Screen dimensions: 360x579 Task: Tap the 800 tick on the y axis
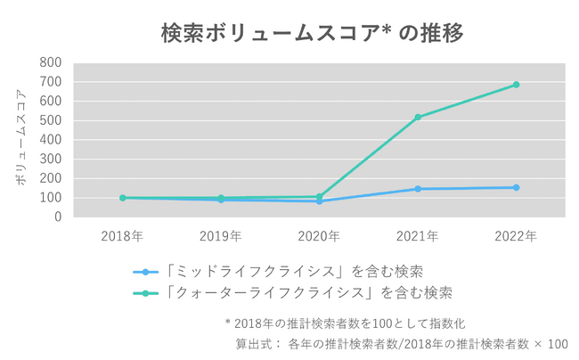click(51, 62)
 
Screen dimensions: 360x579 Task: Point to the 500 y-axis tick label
click(51, 120)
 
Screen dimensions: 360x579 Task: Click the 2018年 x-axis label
click(122, 236)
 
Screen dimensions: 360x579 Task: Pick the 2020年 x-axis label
click(319, 236)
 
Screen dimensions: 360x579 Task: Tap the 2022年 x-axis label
click(516, 236)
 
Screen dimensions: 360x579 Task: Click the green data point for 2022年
click(516, 85)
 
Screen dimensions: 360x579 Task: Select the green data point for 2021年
click(418, 117)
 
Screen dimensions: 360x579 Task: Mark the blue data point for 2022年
click(516, 187)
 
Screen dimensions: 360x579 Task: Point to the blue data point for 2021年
click(418, 189)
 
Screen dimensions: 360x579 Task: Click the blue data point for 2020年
click(319, 200)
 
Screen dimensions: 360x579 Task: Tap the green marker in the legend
click(145, 292)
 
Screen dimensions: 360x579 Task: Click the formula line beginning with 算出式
click(401, 343)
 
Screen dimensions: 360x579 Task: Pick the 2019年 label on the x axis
click(221, 236)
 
